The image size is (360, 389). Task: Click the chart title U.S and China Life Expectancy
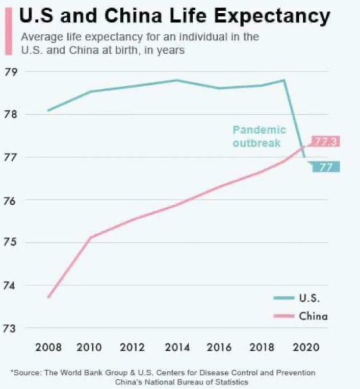(174, 16)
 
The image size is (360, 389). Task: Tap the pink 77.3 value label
(325, 141)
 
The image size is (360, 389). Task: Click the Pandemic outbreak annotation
(259, 136)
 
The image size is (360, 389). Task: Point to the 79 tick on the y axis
(10, 71)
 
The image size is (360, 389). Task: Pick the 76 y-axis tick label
(10, 200)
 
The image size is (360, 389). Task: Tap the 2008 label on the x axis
(48, 348)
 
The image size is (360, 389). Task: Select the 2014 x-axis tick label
(178, 348)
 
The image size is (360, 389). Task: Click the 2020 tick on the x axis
(307, 348)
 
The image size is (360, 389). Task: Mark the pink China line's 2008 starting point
(48, 297)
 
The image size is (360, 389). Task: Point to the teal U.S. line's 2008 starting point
(48, 110)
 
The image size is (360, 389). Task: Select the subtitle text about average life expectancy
(140, 44)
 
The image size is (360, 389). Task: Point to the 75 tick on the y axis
(10, 243)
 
